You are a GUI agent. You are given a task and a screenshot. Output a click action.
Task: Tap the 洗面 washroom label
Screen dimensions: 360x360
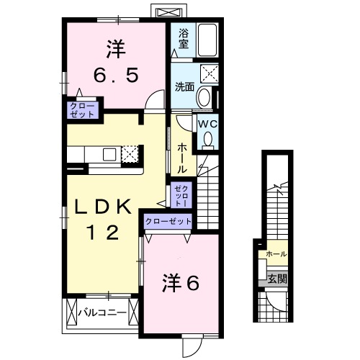point(185,87)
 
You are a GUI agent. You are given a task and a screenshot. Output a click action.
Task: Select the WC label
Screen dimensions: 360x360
point(208,124)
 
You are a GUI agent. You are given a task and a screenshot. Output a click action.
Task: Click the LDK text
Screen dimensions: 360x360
point(105,208)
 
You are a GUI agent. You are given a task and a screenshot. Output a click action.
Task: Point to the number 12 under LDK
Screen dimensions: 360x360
point(104,232)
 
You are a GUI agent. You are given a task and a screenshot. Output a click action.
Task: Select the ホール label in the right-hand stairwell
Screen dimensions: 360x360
point(276,254)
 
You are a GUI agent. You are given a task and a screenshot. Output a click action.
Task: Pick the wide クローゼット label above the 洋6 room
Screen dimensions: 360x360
point(168,222)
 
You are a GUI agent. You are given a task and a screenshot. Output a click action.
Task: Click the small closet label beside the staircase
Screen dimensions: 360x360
point(180,194)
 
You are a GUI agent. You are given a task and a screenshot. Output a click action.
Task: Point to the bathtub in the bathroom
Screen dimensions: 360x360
point(207,40)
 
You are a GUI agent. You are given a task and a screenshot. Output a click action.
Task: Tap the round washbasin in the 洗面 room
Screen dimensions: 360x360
point(204,97)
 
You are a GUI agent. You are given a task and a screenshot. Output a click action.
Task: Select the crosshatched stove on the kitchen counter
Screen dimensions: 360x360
point(130,153)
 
